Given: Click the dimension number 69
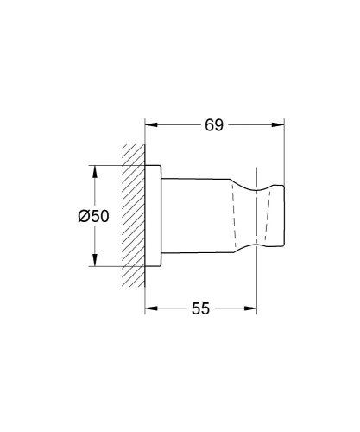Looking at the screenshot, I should (214, 125).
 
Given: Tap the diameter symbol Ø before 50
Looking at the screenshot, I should (83, 217).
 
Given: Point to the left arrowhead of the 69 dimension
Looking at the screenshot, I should (149, 125).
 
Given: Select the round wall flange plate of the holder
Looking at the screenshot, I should (153, 216).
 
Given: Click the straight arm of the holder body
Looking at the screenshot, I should (194, 216).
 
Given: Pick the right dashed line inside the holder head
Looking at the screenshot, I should (274, 216).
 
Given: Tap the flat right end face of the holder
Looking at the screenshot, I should (284, 216).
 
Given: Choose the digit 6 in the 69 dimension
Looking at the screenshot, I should (209, 125).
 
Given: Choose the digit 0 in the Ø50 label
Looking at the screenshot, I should (103, 217).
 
